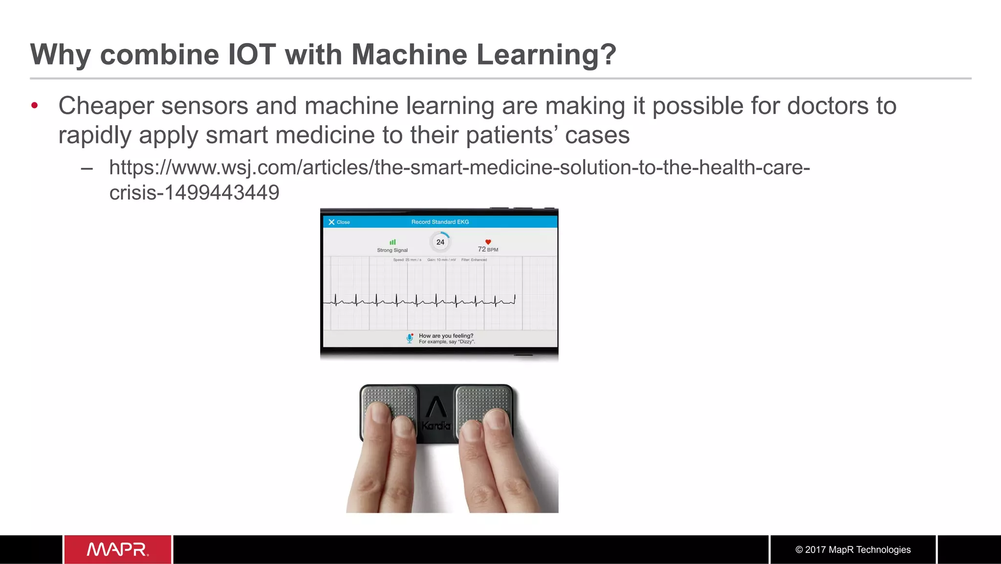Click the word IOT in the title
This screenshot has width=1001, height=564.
[x=252, y=54]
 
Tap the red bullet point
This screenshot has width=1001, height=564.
[x=34, y=106]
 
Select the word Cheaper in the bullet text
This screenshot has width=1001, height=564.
[x=106, y=106]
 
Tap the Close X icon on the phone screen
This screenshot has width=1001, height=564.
[x=331, y=222]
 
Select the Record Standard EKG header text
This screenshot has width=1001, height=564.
[x=440, y=222]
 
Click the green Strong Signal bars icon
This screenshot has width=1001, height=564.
[x=392, y=242]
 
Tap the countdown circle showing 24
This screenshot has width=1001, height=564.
[x=440, y=242]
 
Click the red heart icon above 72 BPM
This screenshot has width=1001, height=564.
[x=488, y=242]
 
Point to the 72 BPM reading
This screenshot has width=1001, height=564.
[x=488, y=249]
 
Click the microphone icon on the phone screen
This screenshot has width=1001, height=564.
[x=410, y=338]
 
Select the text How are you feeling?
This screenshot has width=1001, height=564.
[x=446, y=336]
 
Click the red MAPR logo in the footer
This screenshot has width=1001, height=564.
[x=118, y=549]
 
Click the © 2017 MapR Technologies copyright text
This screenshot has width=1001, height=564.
[x=853, y=550]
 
